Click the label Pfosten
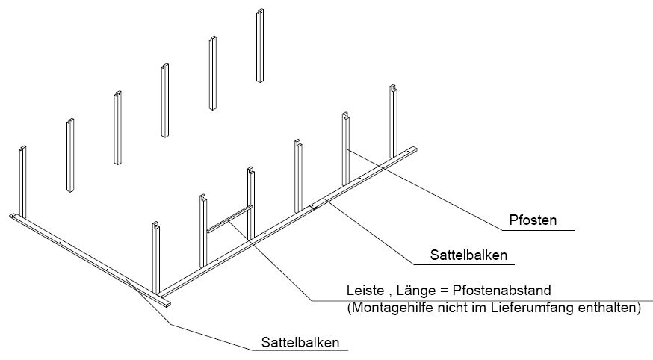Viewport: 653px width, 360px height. pyautogui.click(x=533, y=220)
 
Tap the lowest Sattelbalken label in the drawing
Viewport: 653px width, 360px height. pyautogui.click(x=300, y=343)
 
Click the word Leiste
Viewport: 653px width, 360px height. pyautogui.click(x=365, y=290)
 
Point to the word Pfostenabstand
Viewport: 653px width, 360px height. pyautogui.click(x=502, y=290)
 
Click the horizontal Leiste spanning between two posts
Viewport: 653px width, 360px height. pyautogui.click(x=229, y=218)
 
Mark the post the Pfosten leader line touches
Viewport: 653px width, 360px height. pyautogui.click(x=346, y=149)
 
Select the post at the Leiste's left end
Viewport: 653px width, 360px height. pyautogui.click(x=203, y=231)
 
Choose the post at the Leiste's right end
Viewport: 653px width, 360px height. pyautogui.click(x=251, y=203)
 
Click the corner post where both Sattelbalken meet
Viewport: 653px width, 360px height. pyautogui.click(x=155, y=258)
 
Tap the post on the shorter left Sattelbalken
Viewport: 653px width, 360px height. pyautogui.click(x=23, y=182)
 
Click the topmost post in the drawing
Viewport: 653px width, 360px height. pyautogui.click(x=260, y=46)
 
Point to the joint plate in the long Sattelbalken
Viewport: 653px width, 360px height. pyautogui.click(x=314, y=206)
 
